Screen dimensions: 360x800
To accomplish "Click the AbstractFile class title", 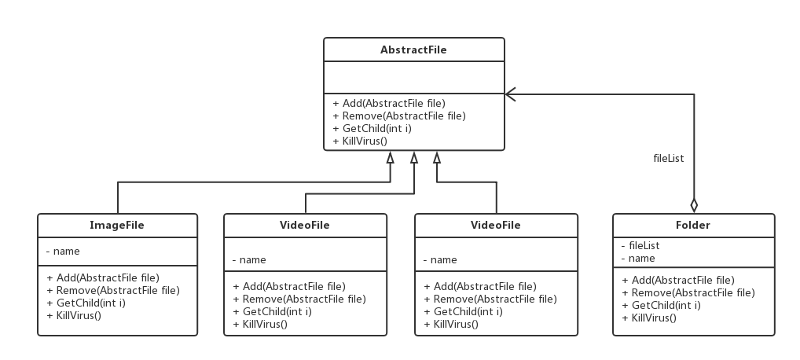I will tap(413, 50).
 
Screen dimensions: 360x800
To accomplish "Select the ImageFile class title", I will tap(117, 226).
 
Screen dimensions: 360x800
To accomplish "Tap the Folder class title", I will tap(692, 226).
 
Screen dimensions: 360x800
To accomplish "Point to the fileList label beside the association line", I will tap(669, 158).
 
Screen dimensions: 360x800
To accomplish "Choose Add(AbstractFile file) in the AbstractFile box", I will tap(389, 103).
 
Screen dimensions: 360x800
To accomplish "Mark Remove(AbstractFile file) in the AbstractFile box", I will tap(399, 116).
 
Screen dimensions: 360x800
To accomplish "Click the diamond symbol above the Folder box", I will tap(694, 206).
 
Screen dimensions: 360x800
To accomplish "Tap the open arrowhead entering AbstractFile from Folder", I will tap(509, 94).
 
